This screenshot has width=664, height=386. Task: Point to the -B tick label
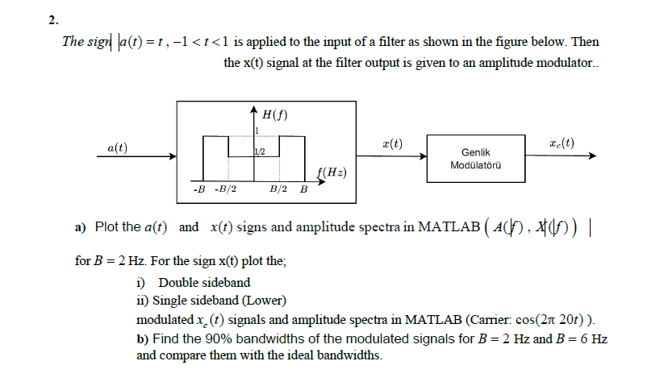coord(198,190)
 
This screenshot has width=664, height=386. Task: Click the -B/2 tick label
coord(225,190)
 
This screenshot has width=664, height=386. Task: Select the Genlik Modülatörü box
coord(475,158)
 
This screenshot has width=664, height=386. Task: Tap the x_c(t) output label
coord(562,143)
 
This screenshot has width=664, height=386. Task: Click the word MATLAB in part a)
coord(444,226)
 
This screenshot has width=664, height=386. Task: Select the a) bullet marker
coord(80,227)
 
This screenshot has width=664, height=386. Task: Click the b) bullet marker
coord(143,338)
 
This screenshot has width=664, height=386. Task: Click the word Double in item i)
coord(177,282)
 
